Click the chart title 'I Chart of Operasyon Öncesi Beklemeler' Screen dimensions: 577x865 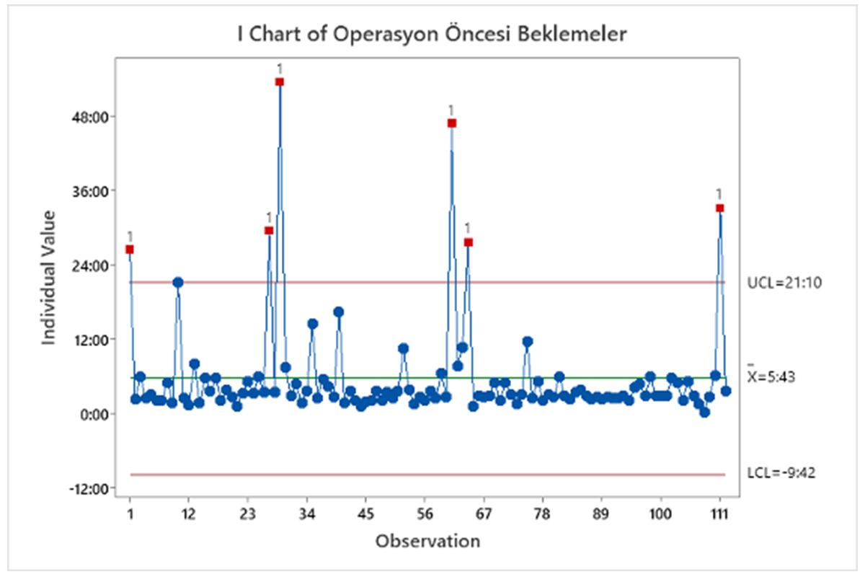pos(432,34)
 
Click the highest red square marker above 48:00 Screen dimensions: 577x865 pos(280,82)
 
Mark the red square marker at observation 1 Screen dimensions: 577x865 pos(130,250)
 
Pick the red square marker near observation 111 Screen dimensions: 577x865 pos(719,208)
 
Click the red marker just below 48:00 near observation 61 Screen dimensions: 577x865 pos(452,123)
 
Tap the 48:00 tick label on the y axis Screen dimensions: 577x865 pos(94,116)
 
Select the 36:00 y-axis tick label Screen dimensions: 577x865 pos(94,191)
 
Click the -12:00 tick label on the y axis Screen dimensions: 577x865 pos(92,489)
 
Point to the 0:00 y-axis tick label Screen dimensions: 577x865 pos(97,414)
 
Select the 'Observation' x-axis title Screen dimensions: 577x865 pos(427,540)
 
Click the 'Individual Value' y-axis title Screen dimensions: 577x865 pos(49,277)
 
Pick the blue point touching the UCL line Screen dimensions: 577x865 pos(177,283)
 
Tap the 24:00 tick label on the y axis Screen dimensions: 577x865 pos(94,265)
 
